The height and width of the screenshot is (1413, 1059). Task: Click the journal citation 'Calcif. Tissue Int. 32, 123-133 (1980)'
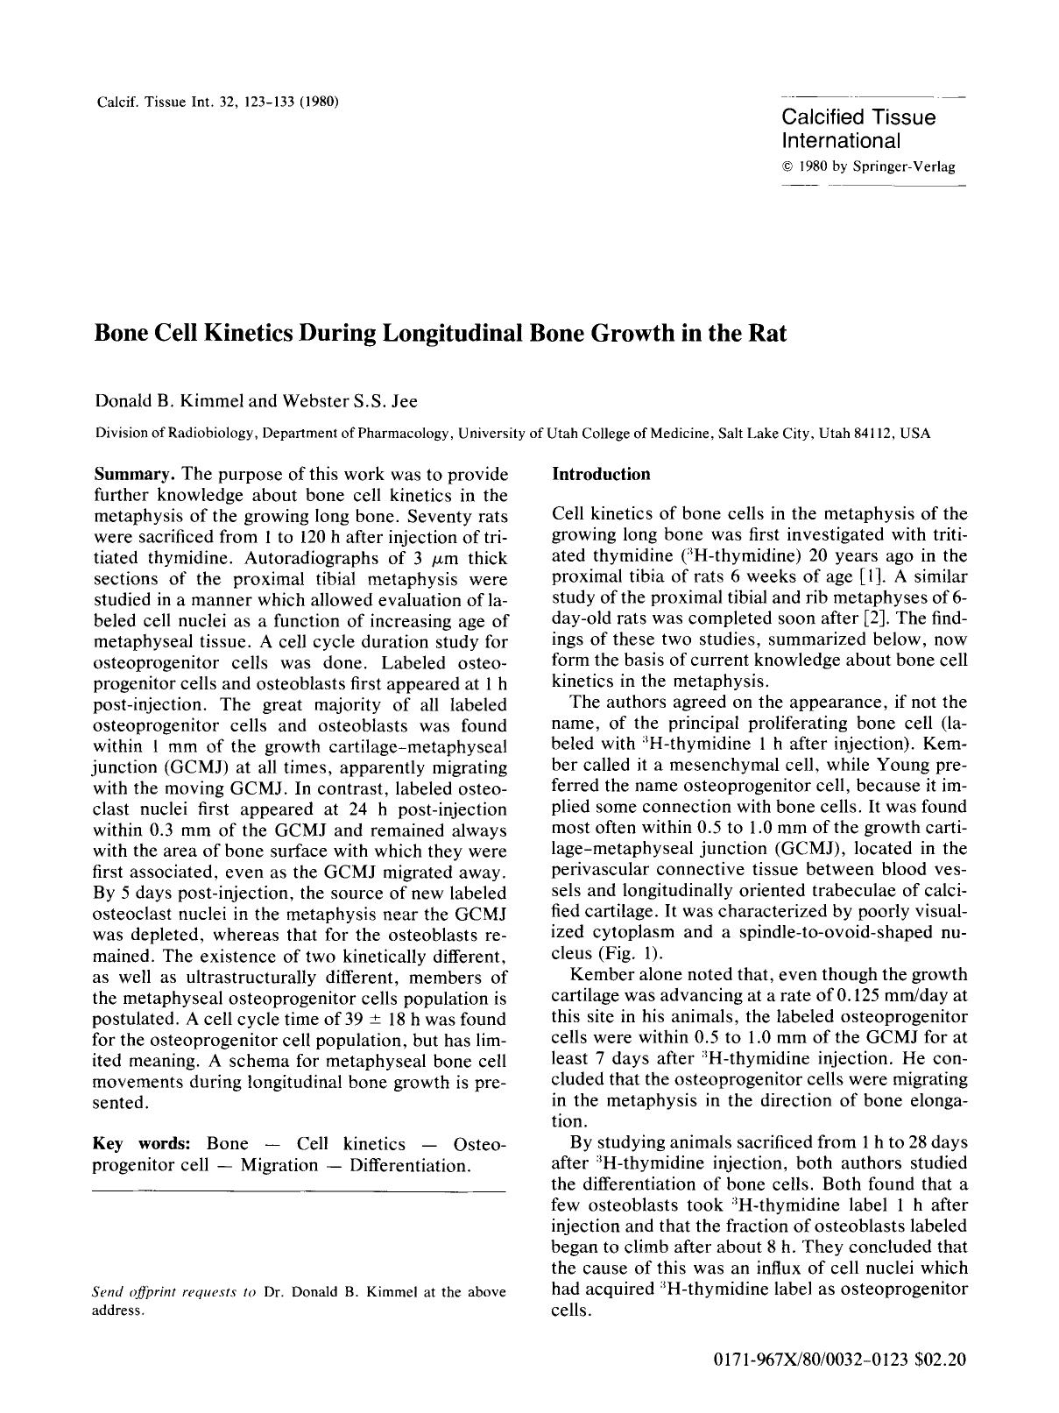coord(216,100)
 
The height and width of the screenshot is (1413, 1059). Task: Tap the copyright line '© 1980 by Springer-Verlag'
coord(868,166)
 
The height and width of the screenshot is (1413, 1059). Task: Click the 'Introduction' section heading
coord(601,474)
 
